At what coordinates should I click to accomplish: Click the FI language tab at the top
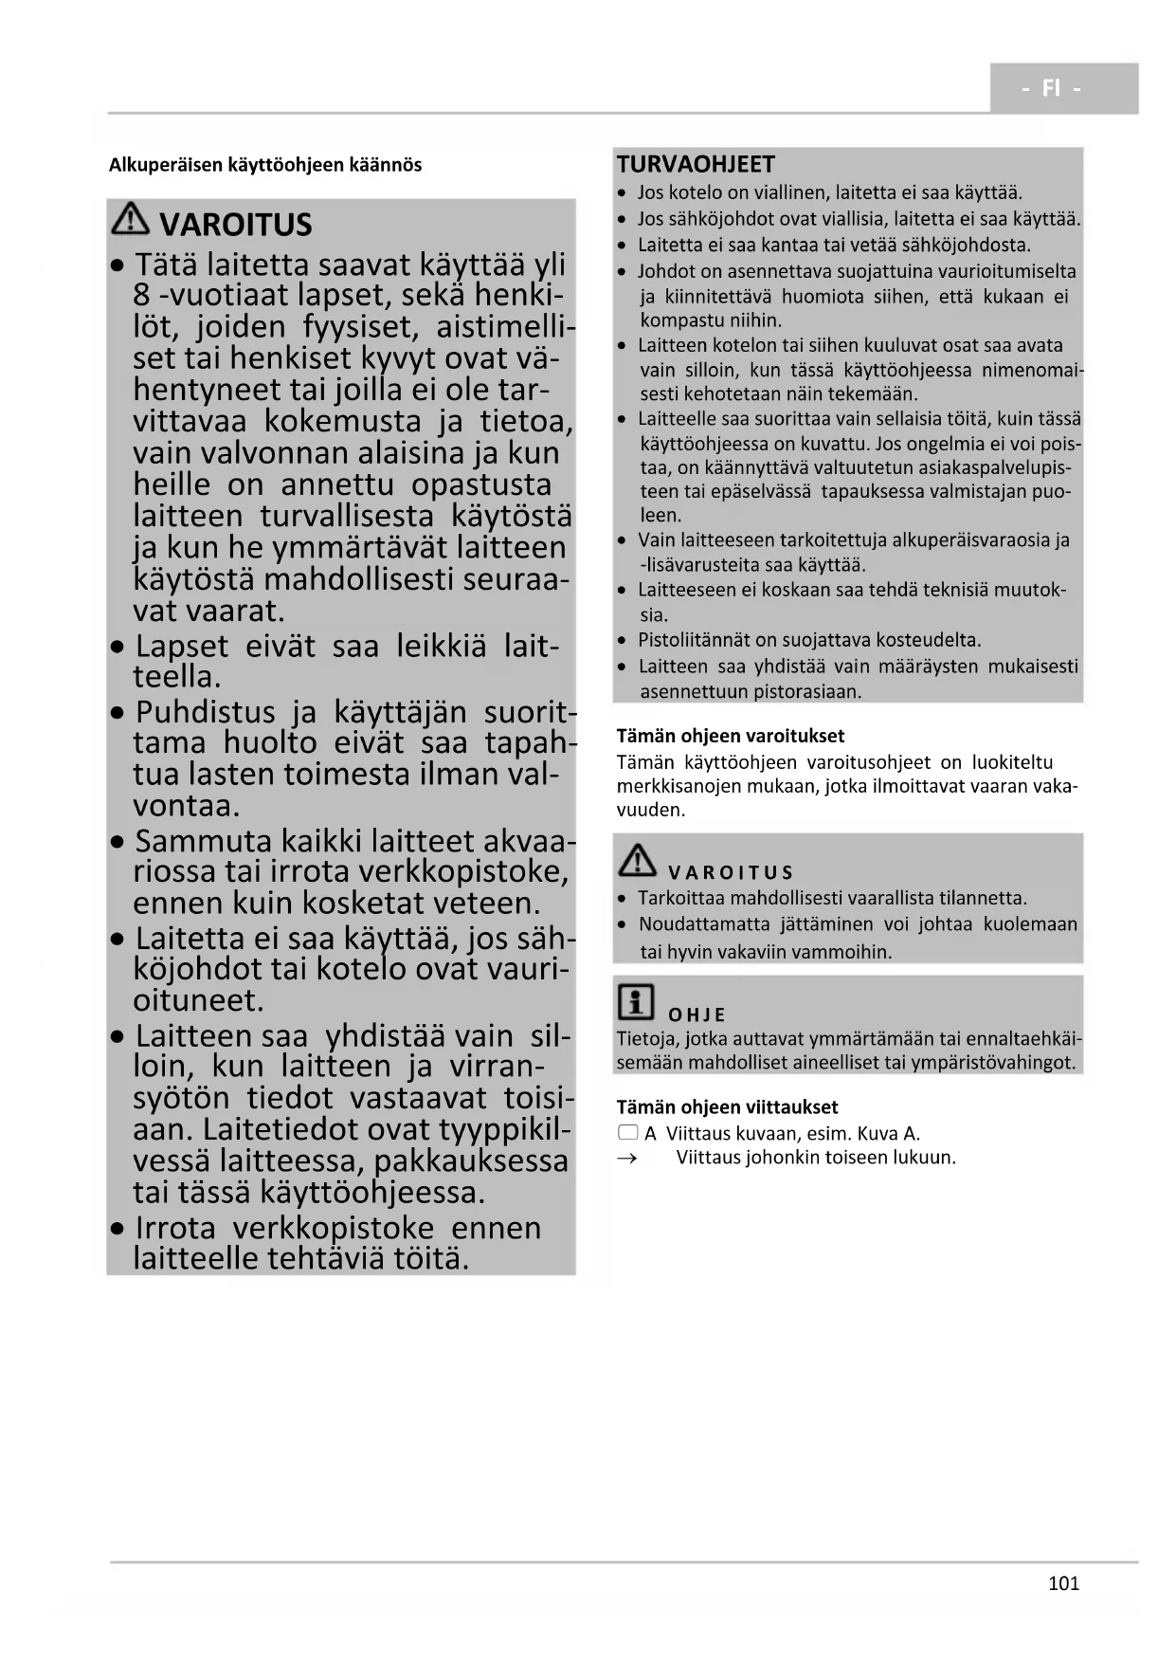(1052, 88)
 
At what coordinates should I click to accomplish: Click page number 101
(1063, 1583)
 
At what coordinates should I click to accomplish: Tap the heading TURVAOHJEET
(696, 164)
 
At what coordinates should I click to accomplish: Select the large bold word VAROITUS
(235, 226)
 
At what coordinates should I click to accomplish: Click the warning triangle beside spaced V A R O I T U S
(638, 860)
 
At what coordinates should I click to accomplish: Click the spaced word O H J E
(697, 1014)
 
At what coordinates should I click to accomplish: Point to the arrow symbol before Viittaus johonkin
(627, 1158)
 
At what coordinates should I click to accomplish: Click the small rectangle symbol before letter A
(627, 1133)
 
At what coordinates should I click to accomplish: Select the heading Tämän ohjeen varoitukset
(730, 736)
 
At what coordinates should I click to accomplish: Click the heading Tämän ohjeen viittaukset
(727, 1107)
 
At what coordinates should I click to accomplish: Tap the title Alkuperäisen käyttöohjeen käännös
(265, 165)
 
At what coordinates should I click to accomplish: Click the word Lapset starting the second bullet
(182, 647)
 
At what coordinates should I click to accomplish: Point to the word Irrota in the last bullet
(175, 1228)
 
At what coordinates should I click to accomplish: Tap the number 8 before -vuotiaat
(142, 295)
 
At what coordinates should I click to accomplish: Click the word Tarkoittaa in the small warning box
(684, 898)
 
